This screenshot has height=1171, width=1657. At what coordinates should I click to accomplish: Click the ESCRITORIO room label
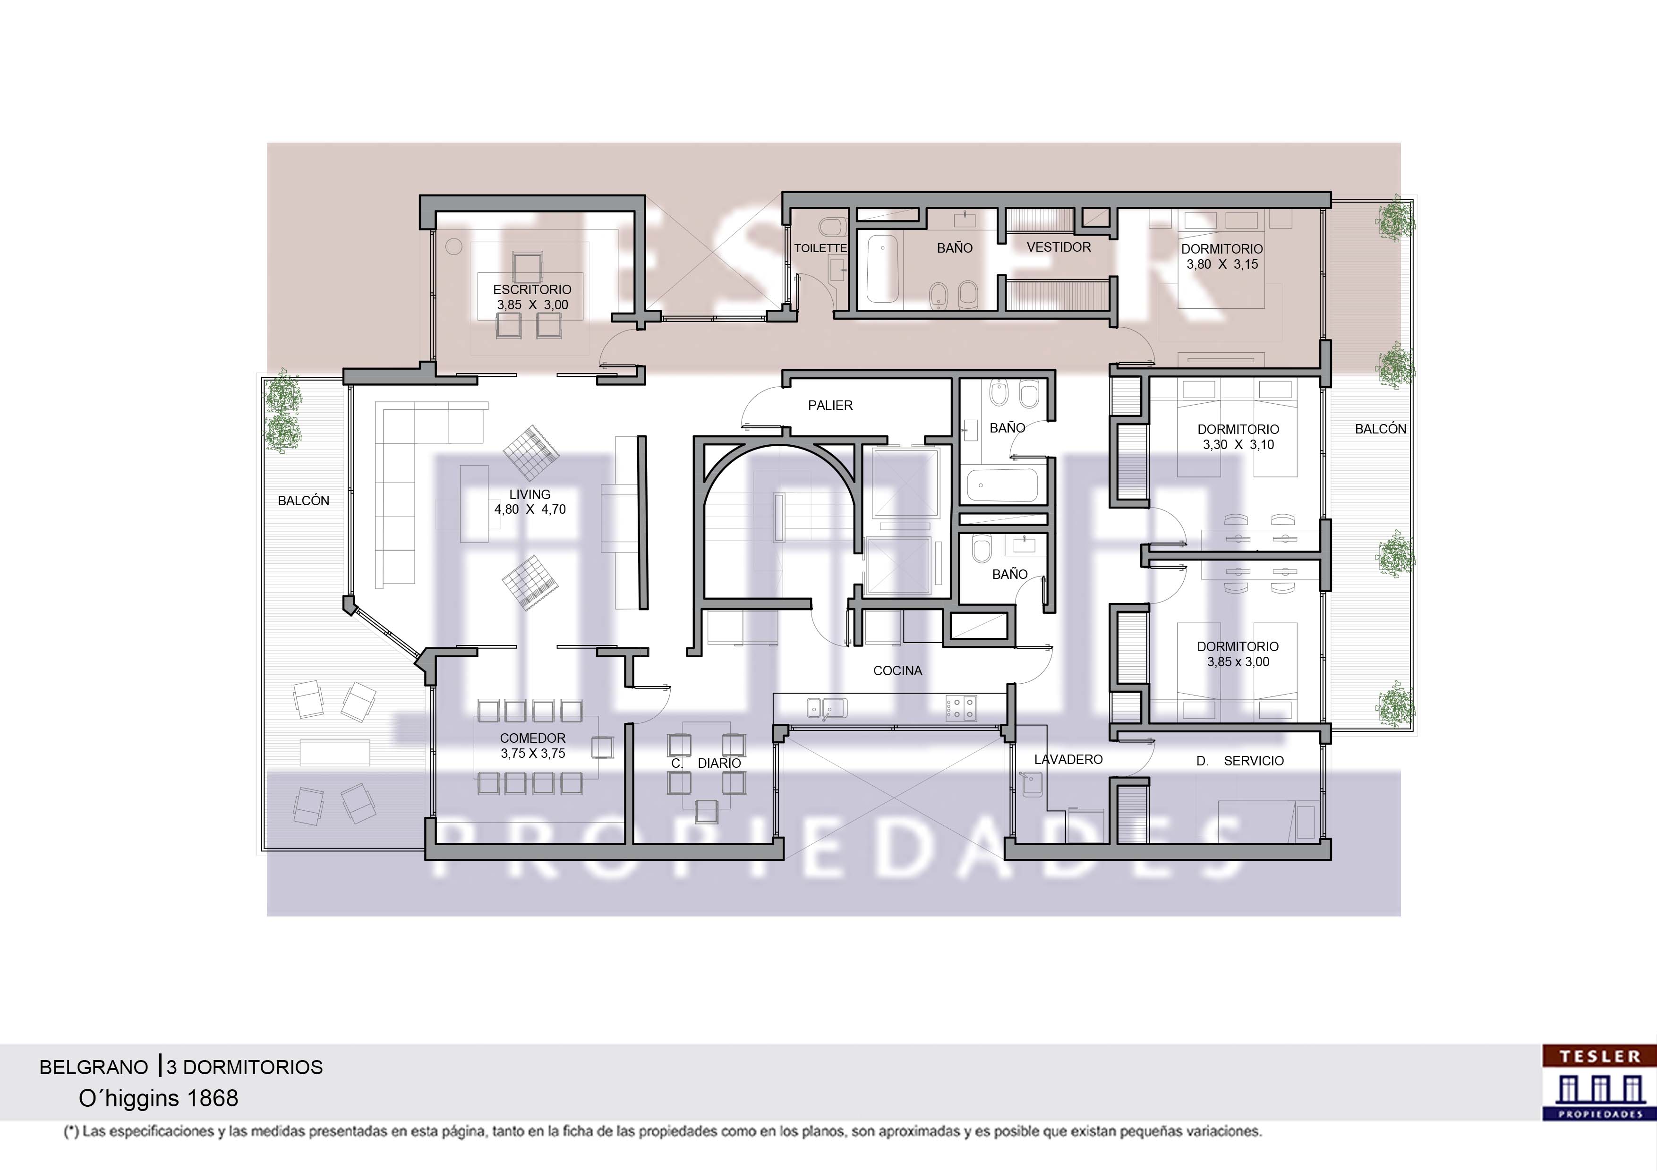pos(532,289)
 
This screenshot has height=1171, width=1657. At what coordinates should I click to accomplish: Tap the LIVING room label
pos(530,494)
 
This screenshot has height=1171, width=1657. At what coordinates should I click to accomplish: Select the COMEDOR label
pos(533,738)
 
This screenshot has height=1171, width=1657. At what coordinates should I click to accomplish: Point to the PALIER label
pos(830,406)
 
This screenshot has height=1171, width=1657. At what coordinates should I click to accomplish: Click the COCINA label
pos(898,671)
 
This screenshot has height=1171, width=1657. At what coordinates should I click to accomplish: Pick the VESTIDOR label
pos(1059,247)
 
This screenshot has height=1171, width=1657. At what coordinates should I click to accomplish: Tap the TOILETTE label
pos(820,248)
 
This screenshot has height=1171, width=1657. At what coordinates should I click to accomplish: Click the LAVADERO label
pos(1068,759)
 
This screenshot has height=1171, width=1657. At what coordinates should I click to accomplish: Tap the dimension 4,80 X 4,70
pos(530,509)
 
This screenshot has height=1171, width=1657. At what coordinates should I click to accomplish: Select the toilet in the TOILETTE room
pos(834,227)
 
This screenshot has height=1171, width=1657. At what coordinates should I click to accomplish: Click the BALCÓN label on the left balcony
pos(303,501)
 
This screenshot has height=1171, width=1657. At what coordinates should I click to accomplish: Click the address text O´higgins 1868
pos(158,1098)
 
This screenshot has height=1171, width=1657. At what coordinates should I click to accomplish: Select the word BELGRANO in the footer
pos(93,1067)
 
